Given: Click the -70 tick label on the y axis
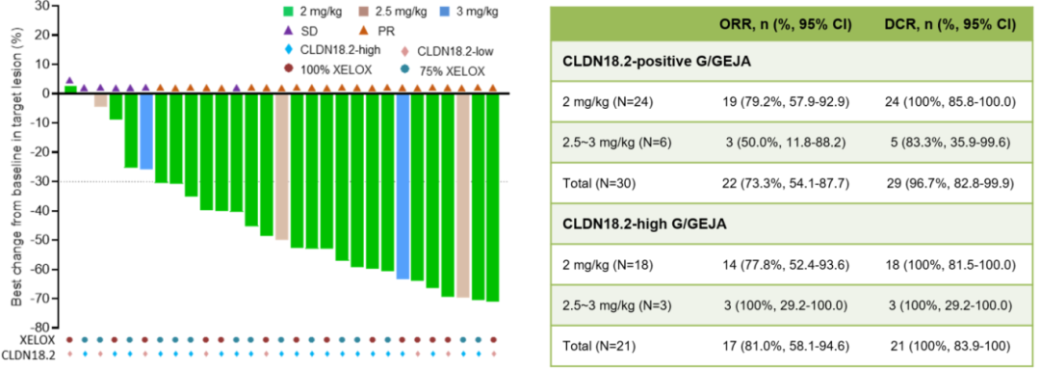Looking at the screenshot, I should [x=42, y=299].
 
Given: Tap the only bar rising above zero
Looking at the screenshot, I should [x=70, y=90].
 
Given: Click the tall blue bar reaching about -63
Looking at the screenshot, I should [x=403, y=186].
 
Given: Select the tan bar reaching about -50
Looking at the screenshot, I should [x=281, y=166].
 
